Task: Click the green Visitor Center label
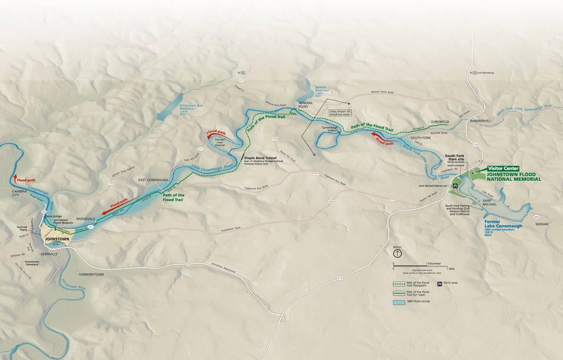tap(503, 168)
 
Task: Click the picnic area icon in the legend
tap(440, 283)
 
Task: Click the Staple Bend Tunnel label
tap(263, 158)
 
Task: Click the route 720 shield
tap(111, 182)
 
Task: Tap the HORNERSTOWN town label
tap(92, 274)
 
